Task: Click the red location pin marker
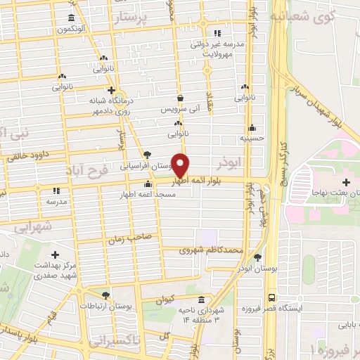tap(181, 165)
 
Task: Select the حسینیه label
tap(252, 139)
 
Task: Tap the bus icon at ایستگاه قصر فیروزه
tap(271, 296)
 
